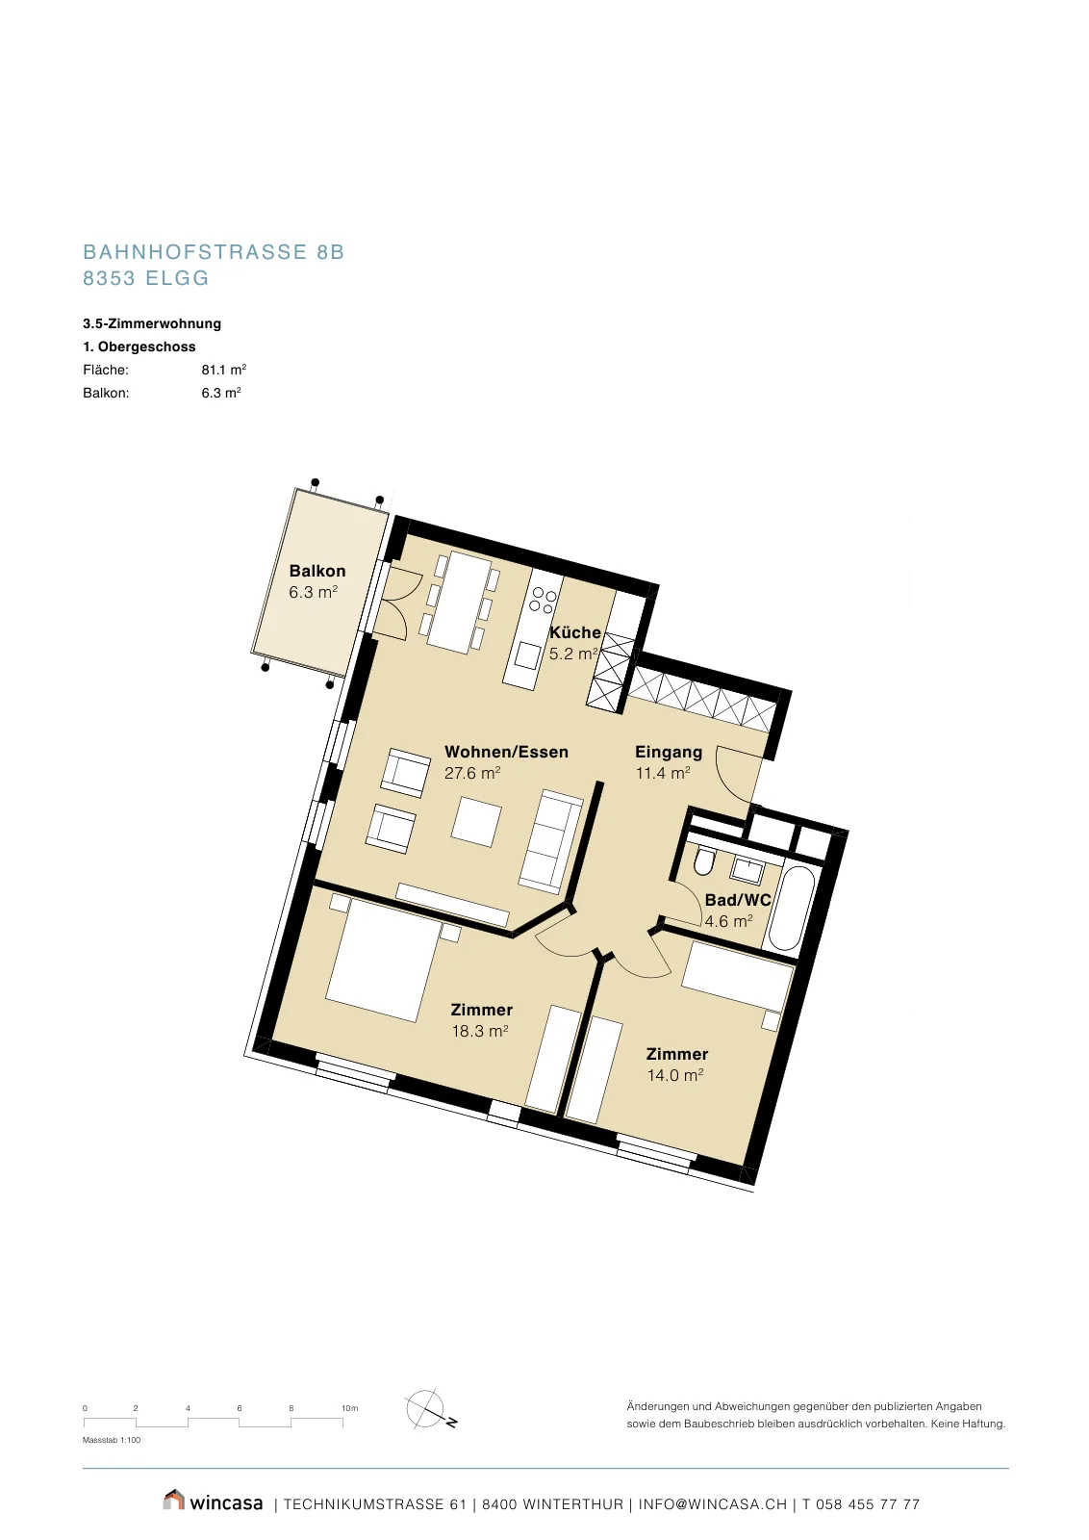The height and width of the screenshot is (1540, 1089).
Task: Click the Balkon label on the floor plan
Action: tap(317, 571)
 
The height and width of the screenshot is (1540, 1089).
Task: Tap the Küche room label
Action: tap(575, 631)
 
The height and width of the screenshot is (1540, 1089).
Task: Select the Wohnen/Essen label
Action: tap(506, 752)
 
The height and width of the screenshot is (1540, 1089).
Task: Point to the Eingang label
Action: tap(669, 752)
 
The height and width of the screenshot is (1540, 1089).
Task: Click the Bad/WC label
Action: tap(738, 900)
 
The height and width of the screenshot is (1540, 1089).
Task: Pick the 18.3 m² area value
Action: tap(480, 1031)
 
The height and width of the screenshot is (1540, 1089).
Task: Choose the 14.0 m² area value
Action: tap(675, 1074)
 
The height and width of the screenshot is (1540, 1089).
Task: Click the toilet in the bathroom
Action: tap(704, 862)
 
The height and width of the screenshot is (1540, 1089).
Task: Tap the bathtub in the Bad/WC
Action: tap(791, 909)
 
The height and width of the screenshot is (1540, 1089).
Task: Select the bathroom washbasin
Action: tap(747, 870)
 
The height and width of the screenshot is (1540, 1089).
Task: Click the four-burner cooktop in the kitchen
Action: tap(543, 600)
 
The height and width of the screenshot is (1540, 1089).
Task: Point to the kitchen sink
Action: tap(527, 655)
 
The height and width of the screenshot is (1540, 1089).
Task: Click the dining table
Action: tap(459, 603)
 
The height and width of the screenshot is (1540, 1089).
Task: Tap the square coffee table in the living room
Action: tap(476, 821)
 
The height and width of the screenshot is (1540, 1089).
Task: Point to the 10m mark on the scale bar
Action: tap(350, 1408)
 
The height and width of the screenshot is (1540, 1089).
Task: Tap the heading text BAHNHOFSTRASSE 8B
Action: tap(214, 251)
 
